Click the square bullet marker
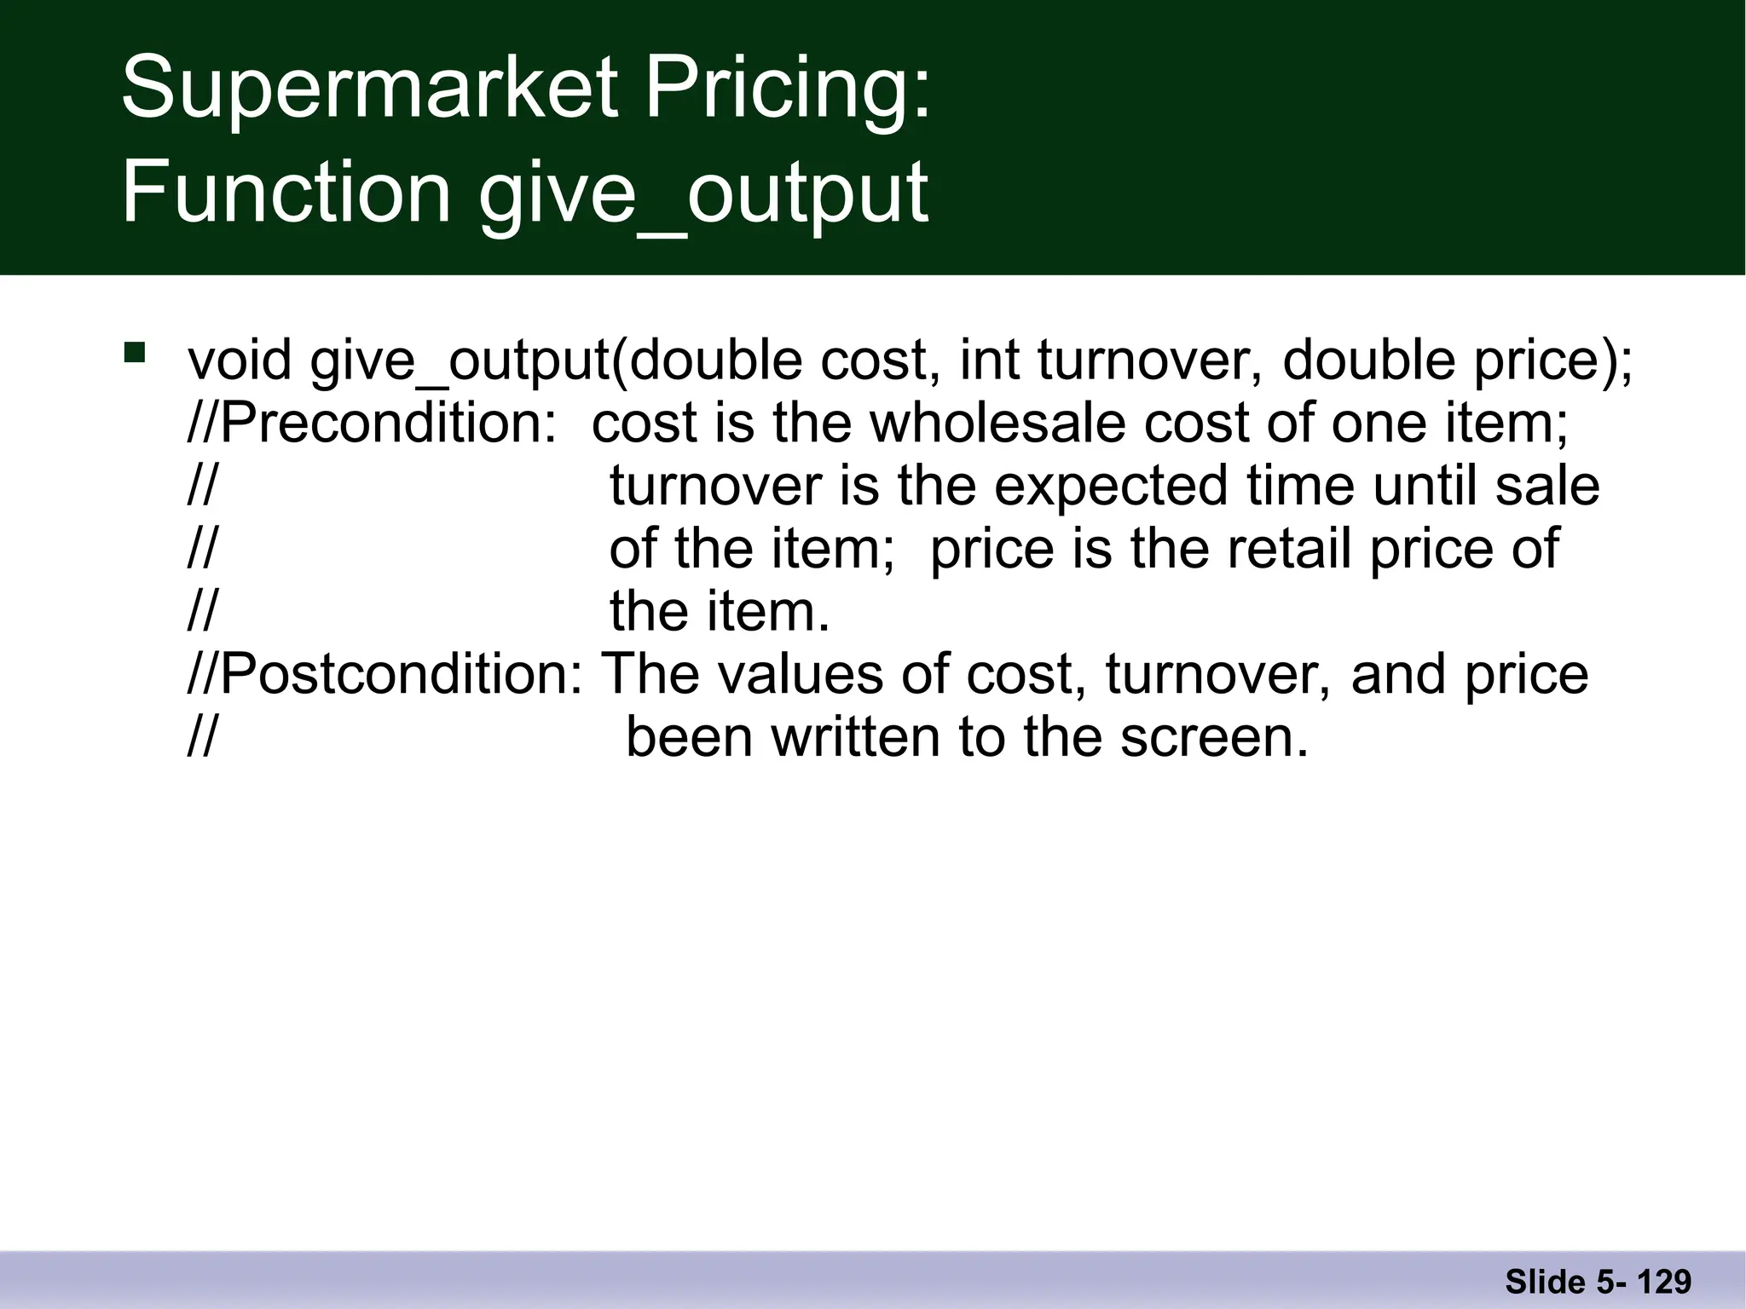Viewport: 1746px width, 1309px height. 134,353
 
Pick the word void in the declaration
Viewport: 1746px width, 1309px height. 240,360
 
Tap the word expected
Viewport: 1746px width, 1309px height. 1112,486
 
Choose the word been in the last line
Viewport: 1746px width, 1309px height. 689,737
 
